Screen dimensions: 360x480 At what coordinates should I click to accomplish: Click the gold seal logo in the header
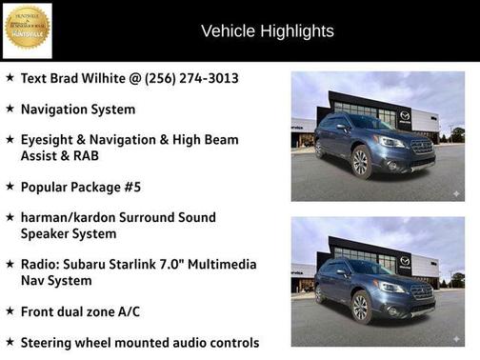click(x=27, y=29)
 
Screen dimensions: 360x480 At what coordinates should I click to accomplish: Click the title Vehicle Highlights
click(x=268, y=31)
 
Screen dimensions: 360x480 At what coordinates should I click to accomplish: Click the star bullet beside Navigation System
click(x=10, y=110)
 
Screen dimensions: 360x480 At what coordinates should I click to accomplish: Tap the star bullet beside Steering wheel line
click(x=10, y=342)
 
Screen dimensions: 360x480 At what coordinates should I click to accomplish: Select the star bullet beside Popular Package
click(x=10, y=186)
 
